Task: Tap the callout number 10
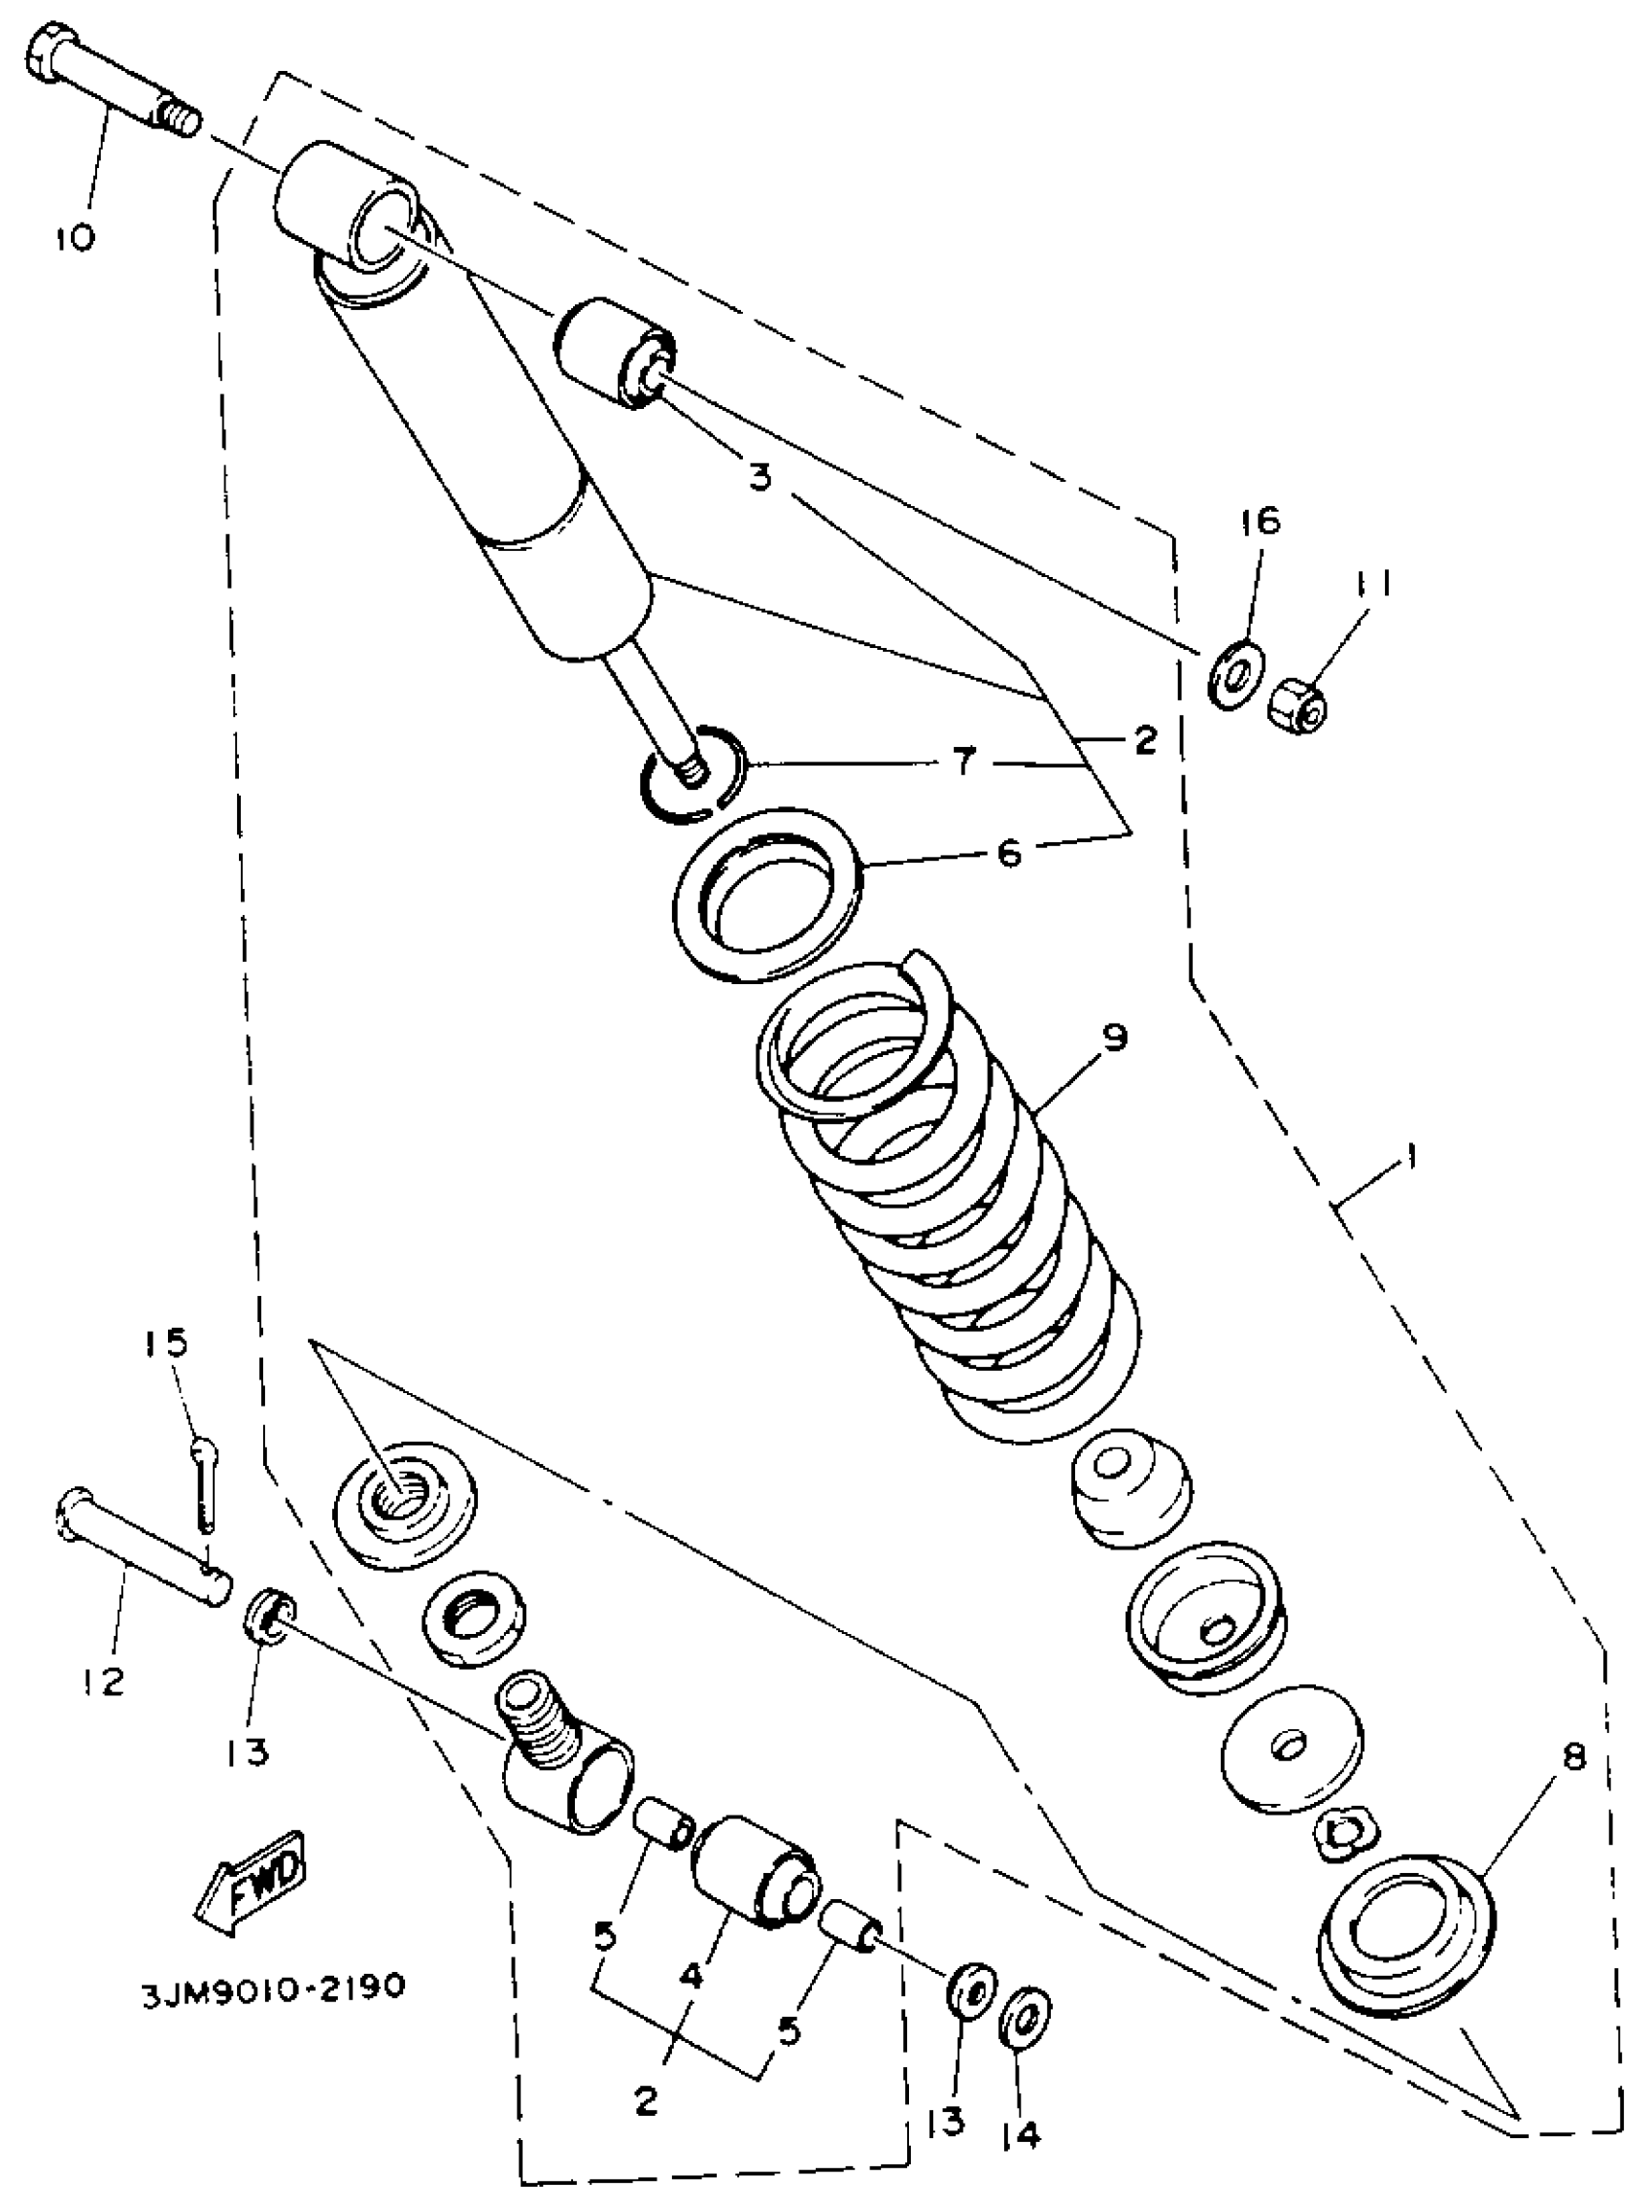click(x=75, y=237)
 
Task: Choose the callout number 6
click(x=1010, y=853)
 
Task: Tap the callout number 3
click(x=761, y=477)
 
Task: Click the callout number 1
click(x=1411, y=1158)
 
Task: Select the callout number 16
click(x=1262, y=521)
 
